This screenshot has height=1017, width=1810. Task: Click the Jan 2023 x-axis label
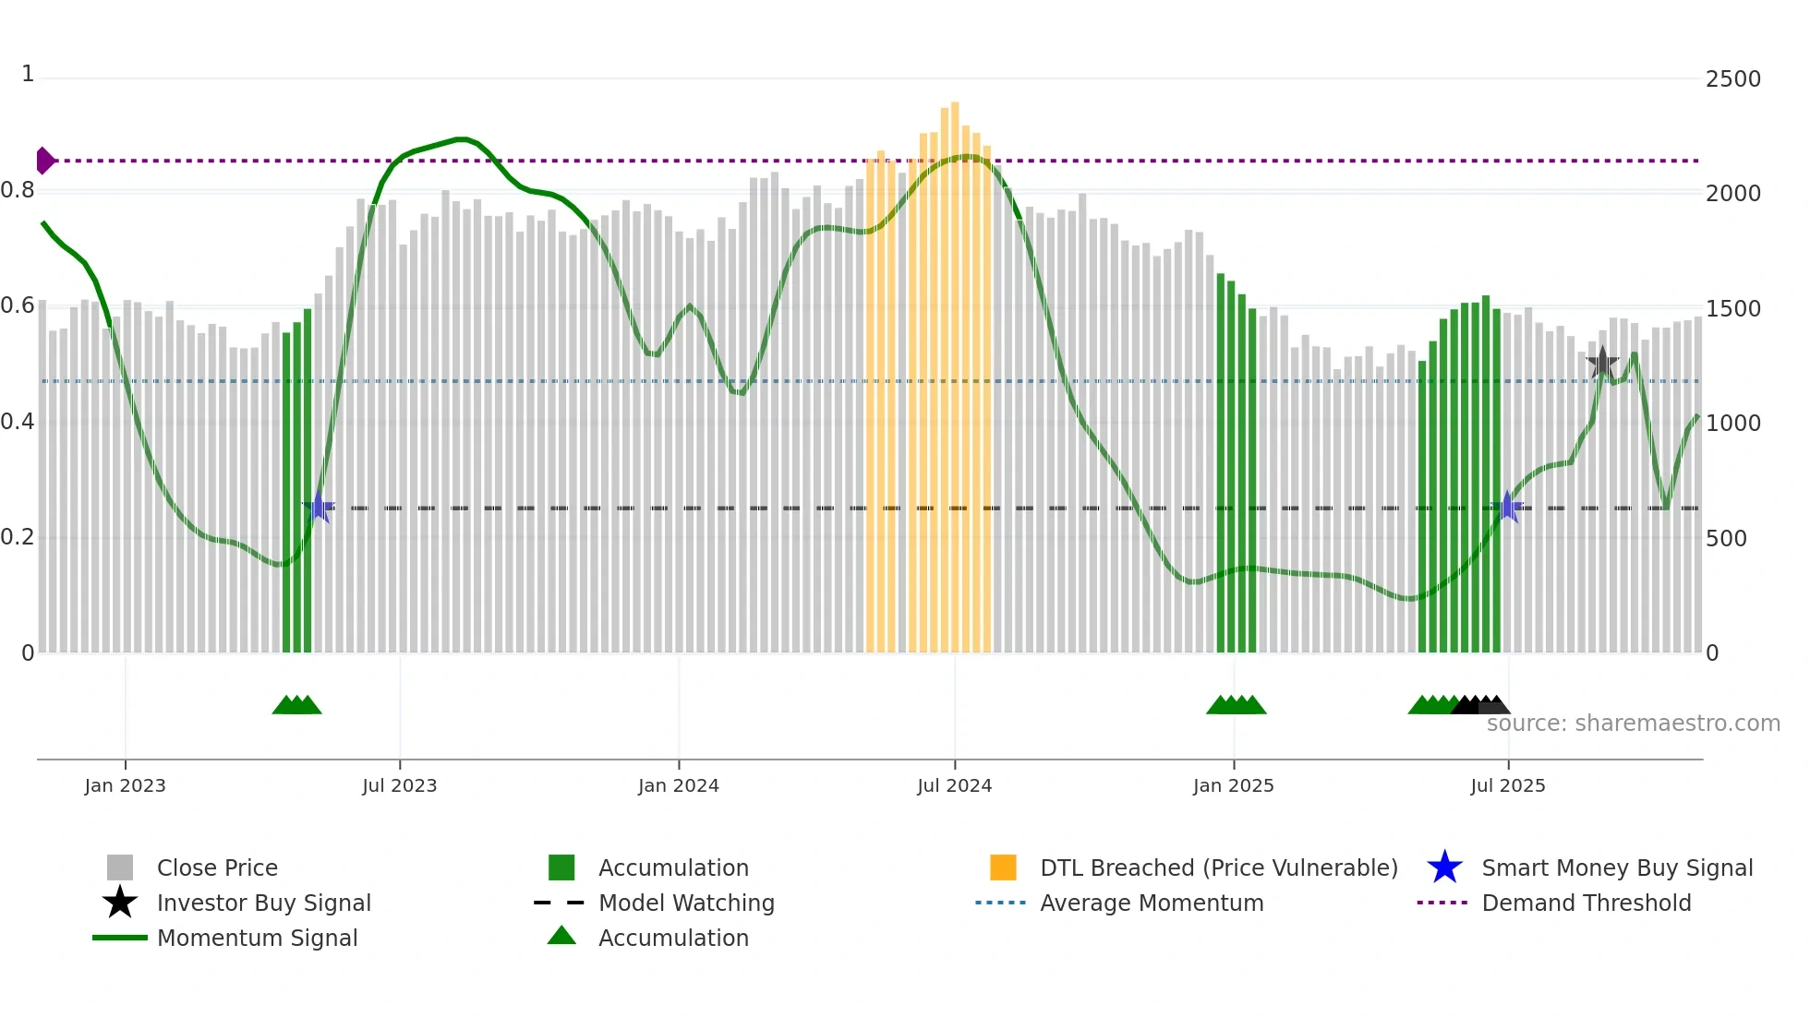click(x=125, y=785)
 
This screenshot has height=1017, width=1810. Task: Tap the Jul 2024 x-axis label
click(x=954, y=785)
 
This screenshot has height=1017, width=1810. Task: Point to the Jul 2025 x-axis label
click(x=1507, y=785)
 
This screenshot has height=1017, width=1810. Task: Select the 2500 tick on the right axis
click(x=1732, y=79)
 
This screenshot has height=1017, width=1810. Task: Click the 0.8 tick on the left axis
click(x=18, y=191)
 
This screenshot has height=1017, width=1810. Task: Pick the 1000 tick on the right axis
click(x=1732, y=424)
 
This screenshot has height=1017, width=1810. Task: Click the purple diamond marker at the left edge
click(x=44, y=161)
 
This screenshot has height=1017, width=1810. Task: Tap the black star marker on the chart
click(x=1602, y=363)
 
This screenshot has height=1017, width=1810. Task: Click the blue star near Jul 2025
click(x=1507, y=507)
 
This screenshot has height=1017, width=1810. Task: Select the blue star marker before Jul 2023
click(x=319, y=507)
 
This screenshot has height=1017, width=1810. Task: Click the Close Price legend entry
click(x=217, y=867)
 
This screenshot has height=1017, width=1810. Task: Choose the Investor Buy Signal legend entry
click(x=263, y=903)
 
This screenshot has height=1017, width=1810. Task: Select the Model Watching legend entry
click(x=685, y=903)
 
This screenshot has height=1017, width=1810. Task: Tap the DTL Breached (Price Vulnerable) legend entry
click(x=1218, y=867)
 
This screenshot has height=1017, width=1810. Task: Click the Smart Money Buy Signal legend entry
click(x=1616, y=867)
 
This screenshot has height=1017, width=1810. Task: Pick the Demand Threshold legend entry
click(x=1586, y=903)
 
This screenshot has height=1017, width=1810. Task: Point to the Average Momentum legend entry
click(x=1151, y=903)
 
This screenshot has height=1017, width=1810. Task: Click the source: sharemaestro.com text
click(x=1633, y=724)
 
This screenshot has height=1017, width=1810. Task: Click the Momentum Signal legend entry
click(x=257, y=938)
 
